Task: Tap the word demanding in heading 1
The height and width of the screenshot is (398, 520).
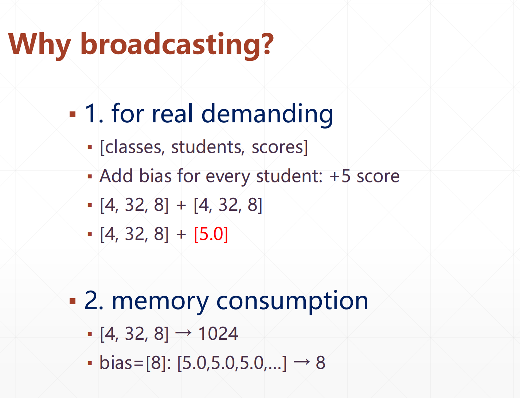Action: [x=267, y=114]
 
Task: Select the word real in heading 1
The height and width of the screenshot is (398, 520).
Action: [x=172, y=113]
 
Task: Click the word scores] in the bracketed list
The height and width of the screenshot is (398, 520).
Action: [x=280, y=147]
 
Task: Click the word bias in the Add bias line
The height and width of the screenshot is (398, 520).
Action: [x=155, y=176]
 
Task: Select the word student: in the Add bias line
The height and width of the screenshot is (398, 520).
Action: [x=290, y=176]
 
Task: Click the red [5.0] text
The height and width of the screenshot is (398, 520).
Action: [x=211, y=234]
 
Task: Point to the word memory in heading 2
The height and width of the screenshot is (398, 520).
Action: [x=160, y=302]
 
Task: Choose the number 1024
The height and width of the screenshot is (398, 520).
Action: [x=218, y=334]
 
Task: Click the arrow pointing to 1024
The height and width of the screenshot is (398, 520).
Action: [x=183, y=332]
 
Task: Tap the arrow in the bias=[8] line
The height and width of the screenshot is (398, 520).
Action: [x=302, y=362]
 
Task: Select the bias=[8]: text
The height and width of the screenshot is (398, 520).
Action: [x=135, y=363]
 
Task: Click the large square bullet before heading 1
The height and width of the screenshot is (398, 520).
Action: [x=73, y=114]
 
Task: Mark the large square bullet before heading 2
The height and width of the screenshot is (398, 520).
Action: [x=73, y=301]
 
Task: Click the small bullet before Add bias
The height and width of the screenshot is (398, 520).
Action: [x=90, y=177]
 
